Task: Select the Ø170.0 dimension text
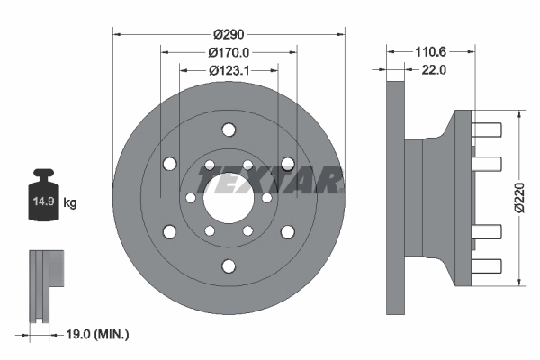pyautogui.click(x=229, y=52)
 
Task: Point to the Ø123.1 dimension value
pyautogui.click(x=229, y=70)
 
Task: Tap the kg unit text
pyautogui.click(x=71, y=203)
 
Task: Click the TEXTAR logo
pyautogui.click(x=270, y=181)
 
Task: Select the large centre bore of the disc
pyautogui.click(x=229, y=198)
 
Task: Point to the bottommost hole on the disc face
pyautogui.click(x=229, y=265)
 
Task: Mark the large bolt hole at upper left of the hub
pyautogui.click(x=169, y=164)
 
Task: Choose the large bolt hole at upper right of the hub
pyautogui.click(x=288, y=164)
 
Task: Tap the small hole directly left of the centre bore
pyautogui.click(x=190, y=198)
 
